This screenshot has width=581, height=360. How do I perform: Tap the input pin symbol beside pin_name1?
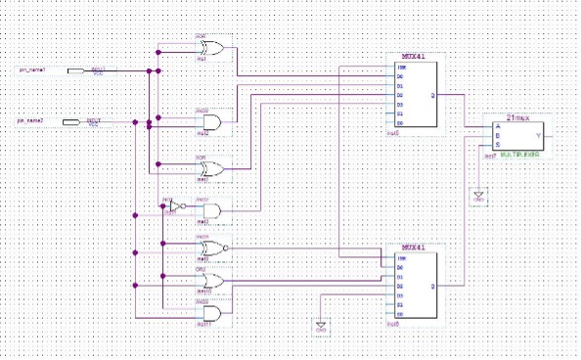tap(74, 70)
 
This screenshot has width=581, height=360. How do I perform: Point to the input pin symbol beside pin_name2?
tap(71, 121)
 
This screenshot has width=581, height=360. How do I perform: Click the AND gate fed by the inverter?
tap(210, 210)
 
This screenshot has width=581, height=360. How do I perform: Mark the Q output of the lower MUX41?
tap(432, 286)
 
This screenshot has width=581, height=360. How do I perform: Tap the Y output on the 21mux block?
tap(539, 136)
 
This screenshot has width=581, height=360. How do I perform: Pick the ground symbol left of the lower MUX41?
tap(319, 325)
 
